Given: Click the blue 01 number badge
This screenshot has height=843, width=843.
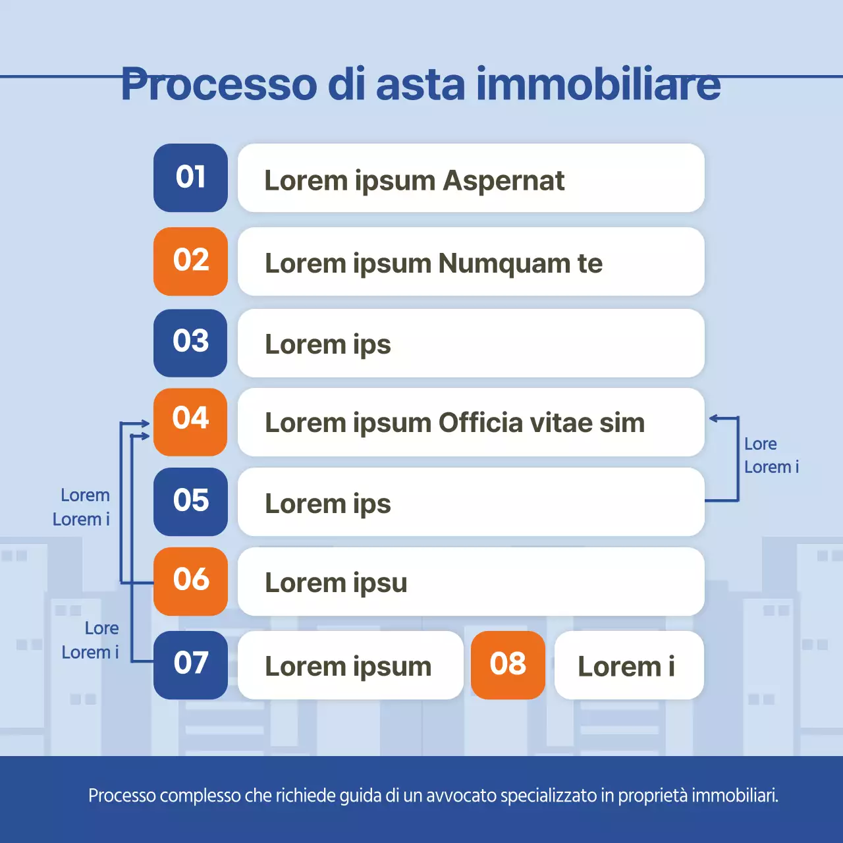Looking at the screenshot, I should [190, 178].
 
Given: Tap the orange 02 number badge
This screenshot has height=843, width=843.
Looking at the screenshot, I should [190, 261].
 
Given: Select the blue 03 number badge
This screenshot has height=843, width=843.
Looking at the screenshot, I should [190, 342].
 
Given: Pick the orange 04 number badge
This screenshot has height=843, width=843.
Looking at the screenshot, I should [190, 421].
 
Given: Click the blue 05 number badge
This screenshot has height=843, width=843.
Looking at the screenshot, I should [190, 501].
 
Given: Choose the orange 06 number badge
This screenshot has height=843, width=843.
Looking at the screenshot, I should [190, 581].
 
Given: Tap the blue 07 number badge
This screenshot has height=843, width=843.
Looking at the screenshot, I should [190, 665].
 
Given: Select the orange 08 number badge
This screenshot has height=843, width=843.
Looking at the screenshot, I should [508, 665].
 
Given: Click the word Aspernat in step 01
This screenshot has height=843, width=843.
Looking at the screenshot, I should [504, 181].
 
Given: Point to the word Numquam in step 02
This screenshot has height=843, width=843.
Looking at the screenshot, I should [504, 263].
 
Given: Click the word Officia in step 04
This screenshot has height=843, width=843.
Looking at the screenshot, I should [480, 423].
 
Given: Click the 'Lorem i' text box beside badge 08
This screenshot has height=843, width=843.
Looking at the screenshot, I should [628, 665].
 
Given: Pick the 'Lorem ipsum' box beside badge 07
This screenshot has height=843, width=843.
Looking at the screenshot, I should [349, 665].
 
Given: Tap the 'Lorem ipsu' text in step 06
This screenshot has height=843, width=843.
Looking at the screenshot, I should [336, 583].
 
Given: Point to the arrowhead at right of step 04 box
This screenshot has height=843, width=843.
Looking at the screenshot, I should [714, 418].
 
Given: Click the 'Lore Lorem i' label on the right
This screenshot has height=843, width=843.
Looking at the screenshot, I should [771, 455].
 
